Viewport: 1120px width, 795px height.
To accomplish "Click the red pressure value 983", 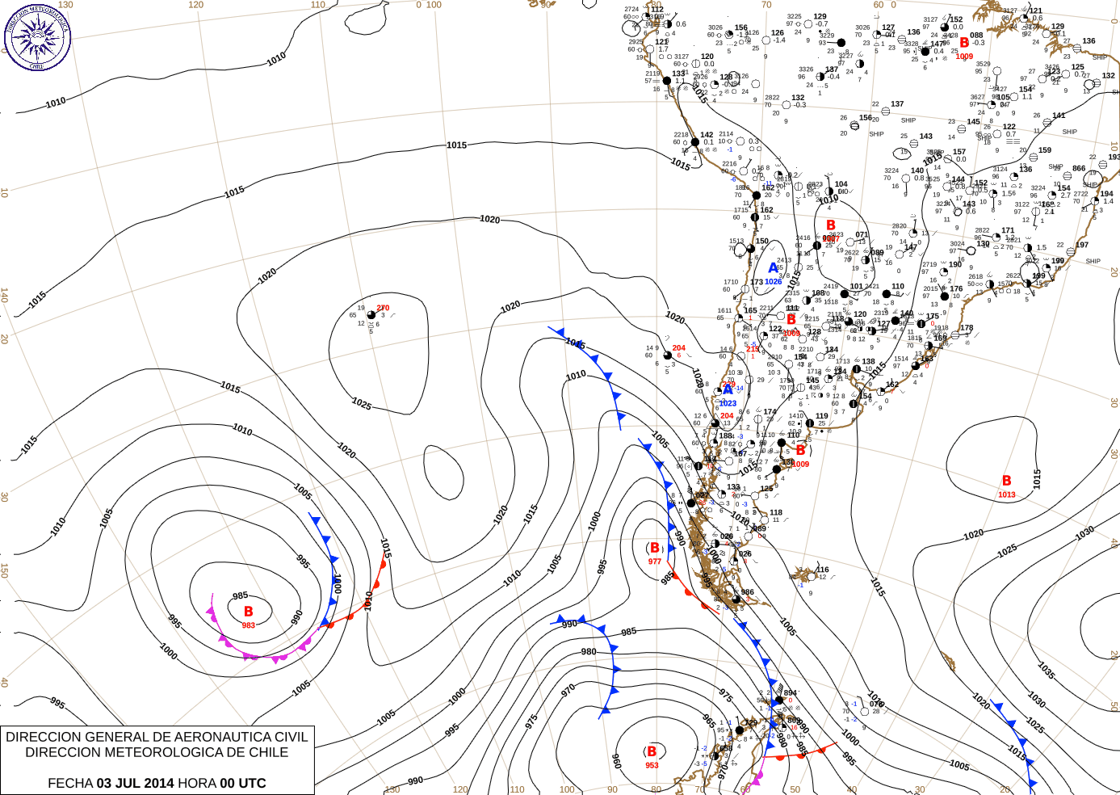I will click(x=248, y=625).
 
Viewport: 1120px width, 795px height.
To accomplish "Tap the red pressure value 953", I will click(x=652, y=765).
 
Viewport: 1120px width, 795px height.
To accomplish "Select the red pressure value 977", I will click(x=654, y=562).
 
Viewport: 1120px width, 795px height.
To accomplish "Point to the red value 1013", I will click(x=1006, y=494).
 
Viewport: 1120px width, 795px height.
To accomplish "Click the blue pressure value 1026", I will click(x=773, y=282).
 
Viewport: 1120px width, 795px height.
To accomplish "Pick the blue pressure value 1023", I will click(x=728, y=403).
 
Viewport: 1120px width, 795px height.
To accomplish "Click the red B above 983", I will click(x=249, y=612).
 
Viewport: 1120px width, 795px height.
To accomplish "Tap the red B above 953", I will click(x=652, y=751).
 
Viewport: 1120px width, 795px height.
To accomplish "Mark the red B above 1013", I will click(x=1006, y=481).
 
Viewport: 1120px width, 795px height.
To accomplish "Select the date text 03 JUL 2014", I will click(x=135, y=783).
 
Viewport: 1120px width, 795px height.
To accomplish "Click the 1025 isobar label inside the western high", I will click(x=361, y=403).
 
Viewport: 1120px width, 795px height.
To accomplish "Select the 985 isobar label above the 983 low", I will click(x=240, y=596).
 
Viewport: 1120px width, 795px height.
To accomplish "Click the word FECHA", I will click(x=70, y=783).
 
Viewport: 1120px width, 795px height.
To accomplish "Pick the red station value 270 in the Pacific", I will click(x=383, y=308).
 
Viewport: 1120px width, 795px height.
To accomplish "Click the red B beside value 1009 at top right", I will click(x=964, y=43).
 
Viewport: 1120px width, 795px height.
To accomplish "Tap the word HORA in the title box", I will click(x=197, y=783).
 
